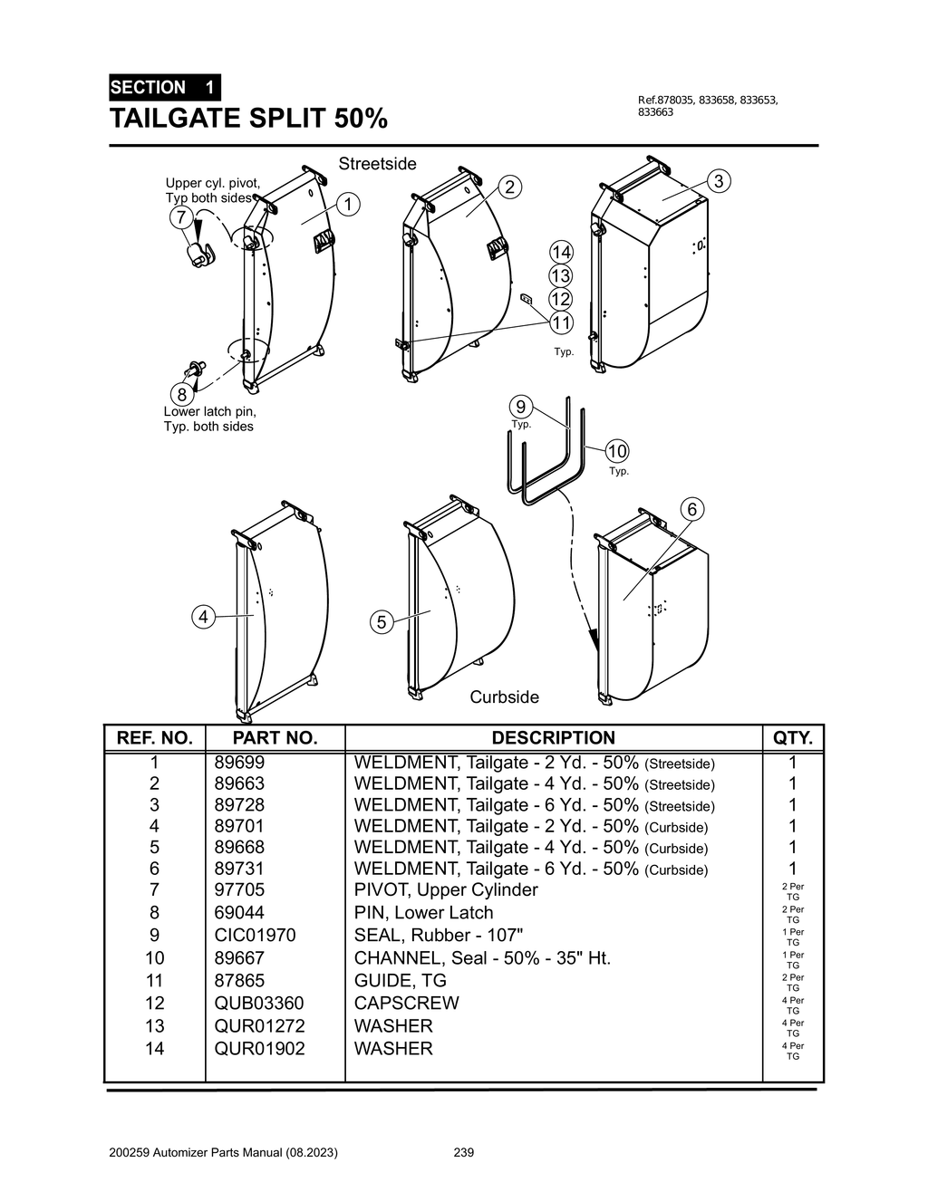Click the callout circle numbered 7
click(182, 217)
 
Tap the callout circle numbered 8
click(182, 395)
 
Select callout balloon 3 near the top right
click(719, 181)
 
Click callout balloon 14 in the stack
click(561, 252)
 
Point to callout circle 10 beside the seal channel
click(617, 451)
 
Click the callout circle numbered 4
click(204, 617)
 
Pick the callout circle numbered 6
click(691, 509)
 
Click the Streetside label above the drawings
click(378, 164)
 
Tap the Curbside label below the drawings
click(504, 697)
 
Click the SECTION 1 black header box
click(164, 88)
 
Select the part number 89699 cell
click(239, 763)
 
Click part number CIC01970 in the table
click(255, 935)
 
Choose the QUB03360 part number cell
click(259, 1003)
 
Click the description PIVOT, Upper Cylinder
click(446, 889)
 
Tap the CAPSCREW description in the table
click(406, 1003)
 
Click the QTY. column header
click(793, 737)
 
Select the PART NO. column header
click(275, 737)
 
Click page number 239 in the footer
click(463, 1153)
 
